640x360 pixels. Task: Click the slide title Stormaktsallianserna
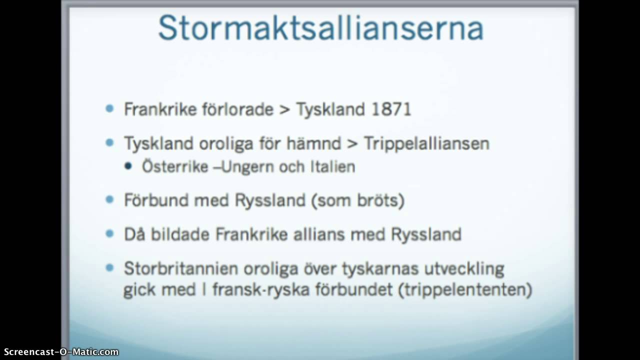click(320, 28)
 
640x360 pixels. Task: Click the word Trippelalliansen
click(426, 144)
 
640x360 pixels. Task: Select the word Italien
click(330, 166)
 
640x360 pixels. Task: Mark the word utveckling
click(466, 269)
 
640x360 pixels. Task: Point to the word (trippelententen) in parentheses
click(465, 290)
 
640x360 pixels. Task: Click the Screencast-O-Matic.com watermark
click(59, 352)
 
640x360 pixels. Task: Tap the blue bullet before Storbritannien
click(110, 268)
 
